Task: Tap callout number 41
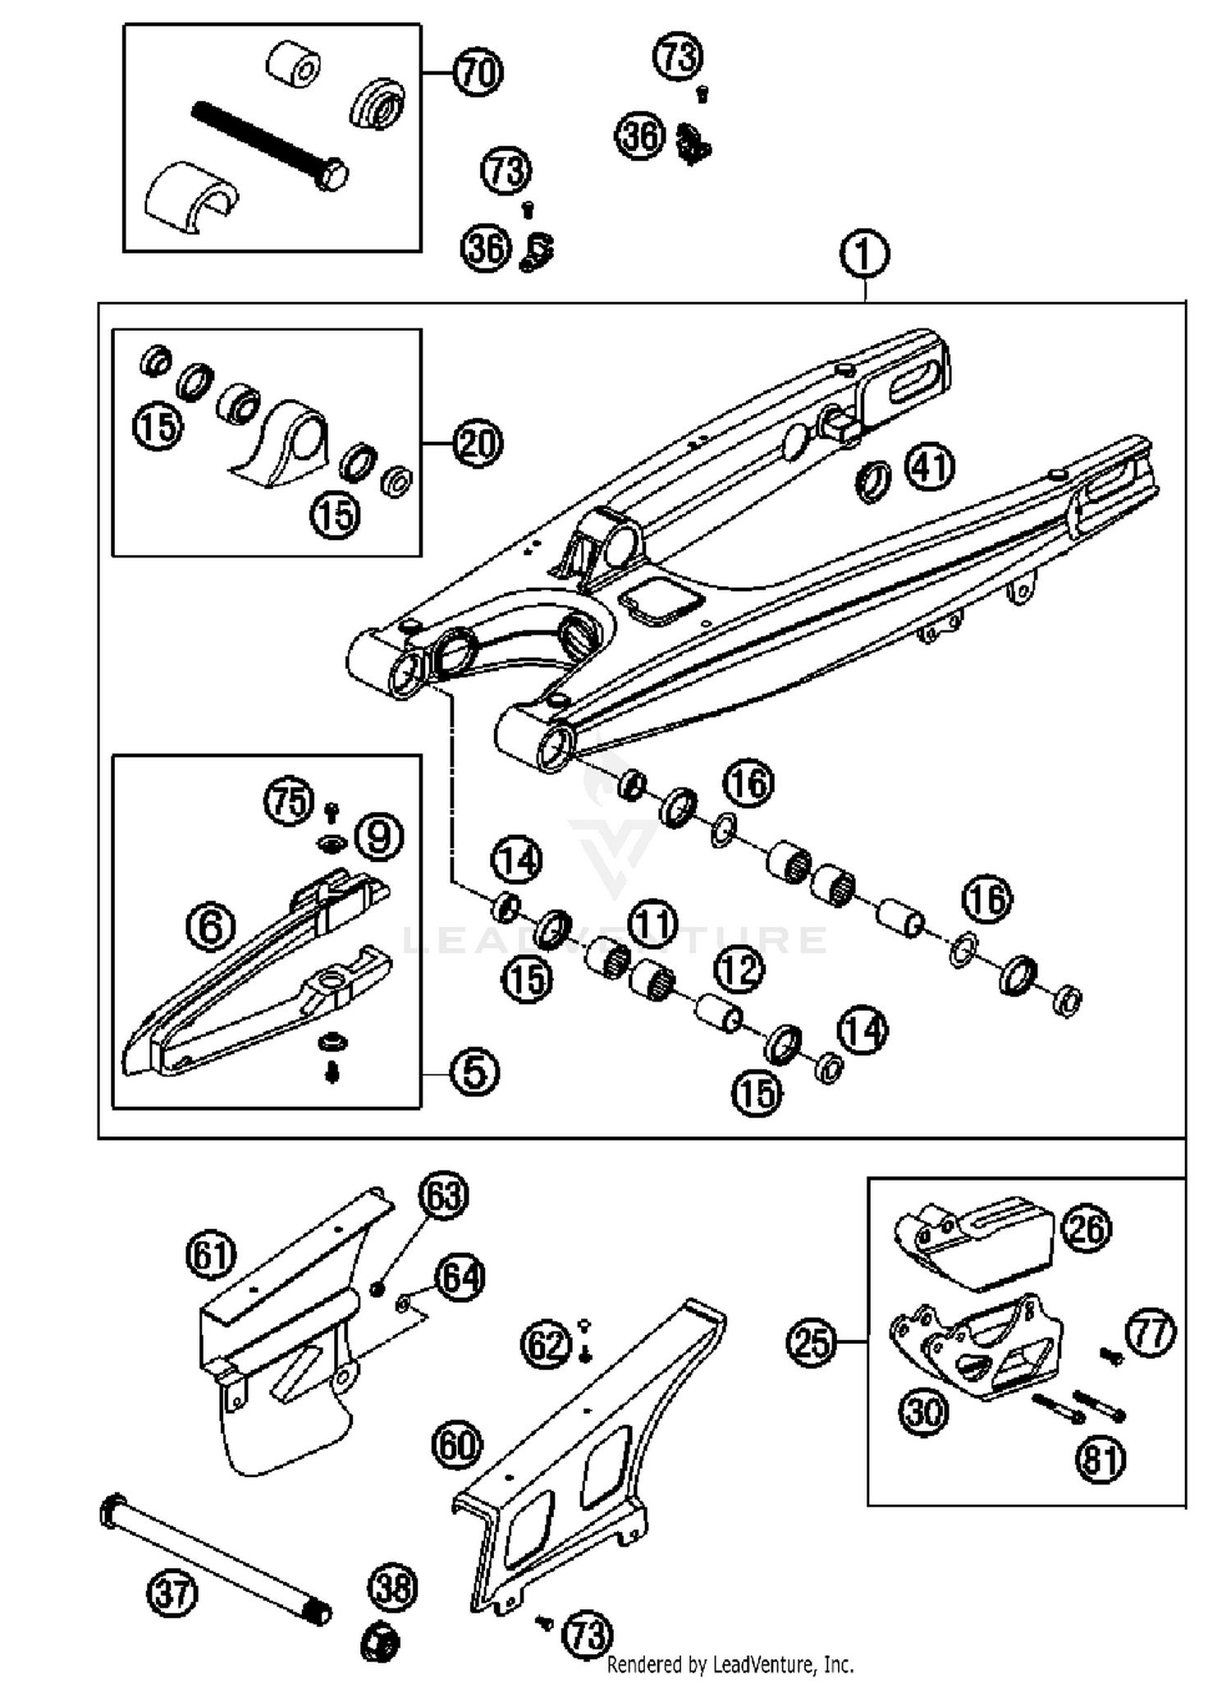tap(930, 467)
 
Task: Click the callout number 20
tap(478, 443)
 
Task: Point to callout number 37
tap(172, 1594)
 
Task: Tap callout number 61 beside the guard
tap(211, 1254)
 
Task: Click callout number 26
tap(1087, 1228)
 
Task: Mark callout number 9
tap(379, 837)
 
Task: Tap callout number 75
tap(290, 800)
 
